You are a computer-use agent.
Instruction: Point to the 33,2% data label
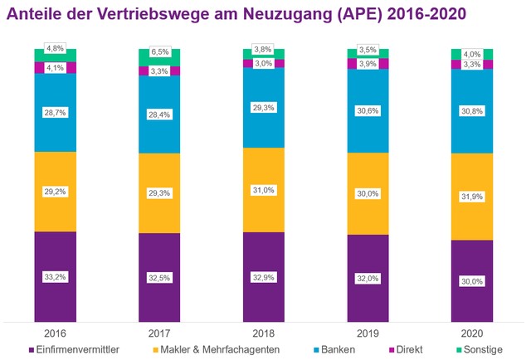coord(55,276)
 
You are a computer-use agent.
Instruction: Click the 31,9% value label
coord(471,197)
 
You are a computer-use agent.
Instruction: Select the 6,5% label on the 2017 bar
coord(159,51)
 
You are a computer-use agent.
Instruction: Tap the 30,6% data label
coord(368,111)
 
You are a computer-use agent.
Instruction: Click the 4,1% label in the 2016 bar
coord(55,67)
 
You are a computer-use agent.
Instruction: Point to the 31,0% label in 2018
coord(263,190)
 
